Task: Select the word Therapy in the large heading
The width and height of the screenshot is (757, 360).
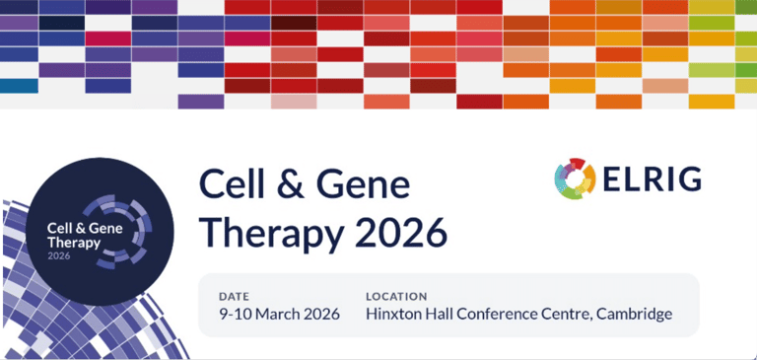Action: pyautogui.click(x=264, y=234)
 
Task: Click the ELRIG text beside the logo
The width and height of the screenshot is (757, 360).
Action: pyautogui.click(x=653, y=180)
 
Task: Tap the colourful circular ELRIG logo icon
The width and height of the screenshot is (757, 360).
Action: pyautogui.click(x=575, y=179)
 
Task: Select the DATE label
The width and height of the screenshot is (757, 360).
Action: pyautogui.click(x=235, y=296)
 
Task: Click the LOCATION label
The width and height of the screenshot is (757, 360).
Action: pyautogui.click(x=396, y=296)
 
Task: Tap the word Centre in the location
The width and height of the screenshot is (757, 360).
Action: pyautogui.click(x=573, y=315)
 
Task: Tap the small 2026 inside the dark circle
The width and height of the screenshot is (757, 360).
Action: pyautogui.click(x=60, y=255)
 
